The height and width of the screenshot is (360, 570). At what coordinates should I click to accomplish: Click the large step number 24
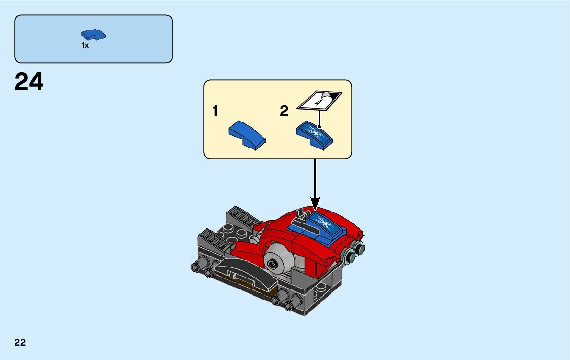[x=29, y=82]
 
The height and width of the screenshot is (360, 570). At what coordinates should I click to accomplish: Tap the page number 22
[x=20, y=342]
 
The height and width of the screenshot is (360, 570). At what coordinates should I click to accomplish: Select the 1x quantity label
[x=85, y=45]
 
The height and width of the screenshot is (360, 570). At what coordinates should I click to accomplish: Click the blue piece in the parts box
[x=93, y=35]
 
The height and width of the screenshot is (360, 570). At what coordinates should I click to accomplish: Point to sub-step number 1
[x=215, y=111]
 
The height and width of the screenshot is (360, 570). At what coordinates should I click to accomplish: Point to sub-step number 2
[x=284, y=111]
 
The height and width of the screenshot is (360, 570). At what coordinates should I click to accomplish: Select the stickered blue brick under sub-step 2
[x=315, y=135]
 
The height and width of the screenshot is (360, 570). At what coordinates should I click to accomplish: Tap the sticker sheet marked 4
[x=319, y=100]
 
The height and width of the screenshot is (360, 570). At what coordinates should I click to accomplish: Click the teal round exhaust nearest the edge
[x=359, y=248]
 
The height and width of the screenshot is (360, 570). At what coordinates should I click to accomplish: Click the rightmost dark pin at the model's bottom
[x=290, y=306]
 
